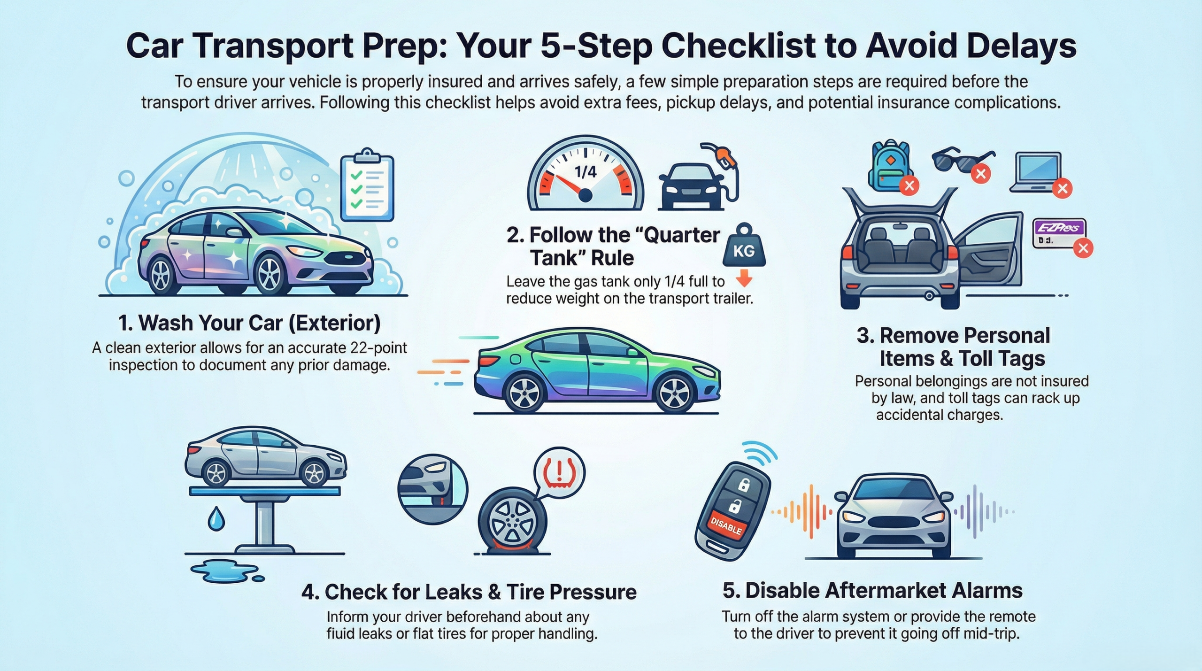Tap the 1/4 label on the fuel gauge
[x=586, y=172]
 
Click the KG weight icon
[x=744, y=247]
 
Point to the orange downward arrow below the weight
[x=744, y=280]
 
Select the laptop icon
[x=1037, y=172]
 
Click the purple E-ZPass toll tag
[x=1059, y=233]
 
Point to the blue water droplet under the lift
[x=216, y=519]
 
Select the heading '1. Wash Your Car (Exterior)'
[x=249, y=323]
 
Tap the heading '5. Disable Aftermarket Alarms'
[x=872, y=590]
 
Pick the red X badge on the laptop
[x=1062, y=189]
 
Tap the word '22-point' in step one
[x=378, y=348]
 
